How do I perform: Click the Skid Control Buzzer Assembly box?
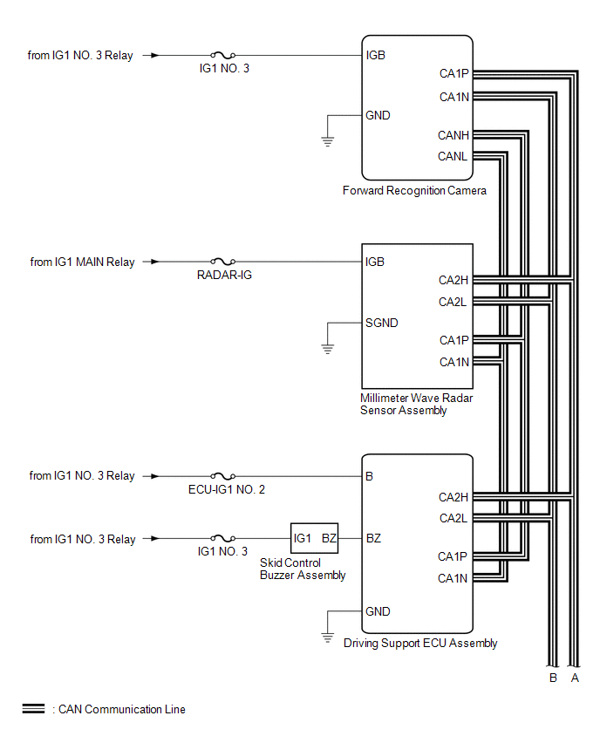point(314,539)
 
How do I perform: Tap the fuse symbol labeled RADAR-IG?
point(222,262)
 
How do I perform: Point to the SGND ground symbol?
point(328,347)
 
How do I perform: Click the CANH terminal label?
point(453,136)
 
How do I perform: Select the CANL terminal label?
point(453,157)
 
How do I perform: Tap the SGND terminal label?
point(382,323)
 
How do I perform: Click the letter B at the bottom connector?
point(553,677)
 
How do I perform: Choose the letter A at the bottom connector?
point(573,677)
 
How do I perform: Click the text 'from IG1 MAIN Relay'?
point(83,262)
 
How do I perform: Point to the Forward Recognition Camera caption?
point(414,190)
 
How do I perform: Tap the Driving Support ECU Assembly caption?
point(420,644)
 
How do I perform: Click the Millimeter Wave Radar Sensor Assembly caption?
point(416,404)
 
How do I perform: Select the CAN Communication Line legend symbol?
point(33,709)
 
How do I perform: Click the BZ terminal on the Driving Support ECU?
point(373,539)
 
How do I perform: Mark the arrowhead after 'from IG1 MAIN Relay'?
point(154,262)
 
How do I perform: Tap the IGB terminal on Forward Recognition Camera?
point(376,55)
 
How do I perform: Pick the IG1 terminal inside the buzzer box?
point(303,539)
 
